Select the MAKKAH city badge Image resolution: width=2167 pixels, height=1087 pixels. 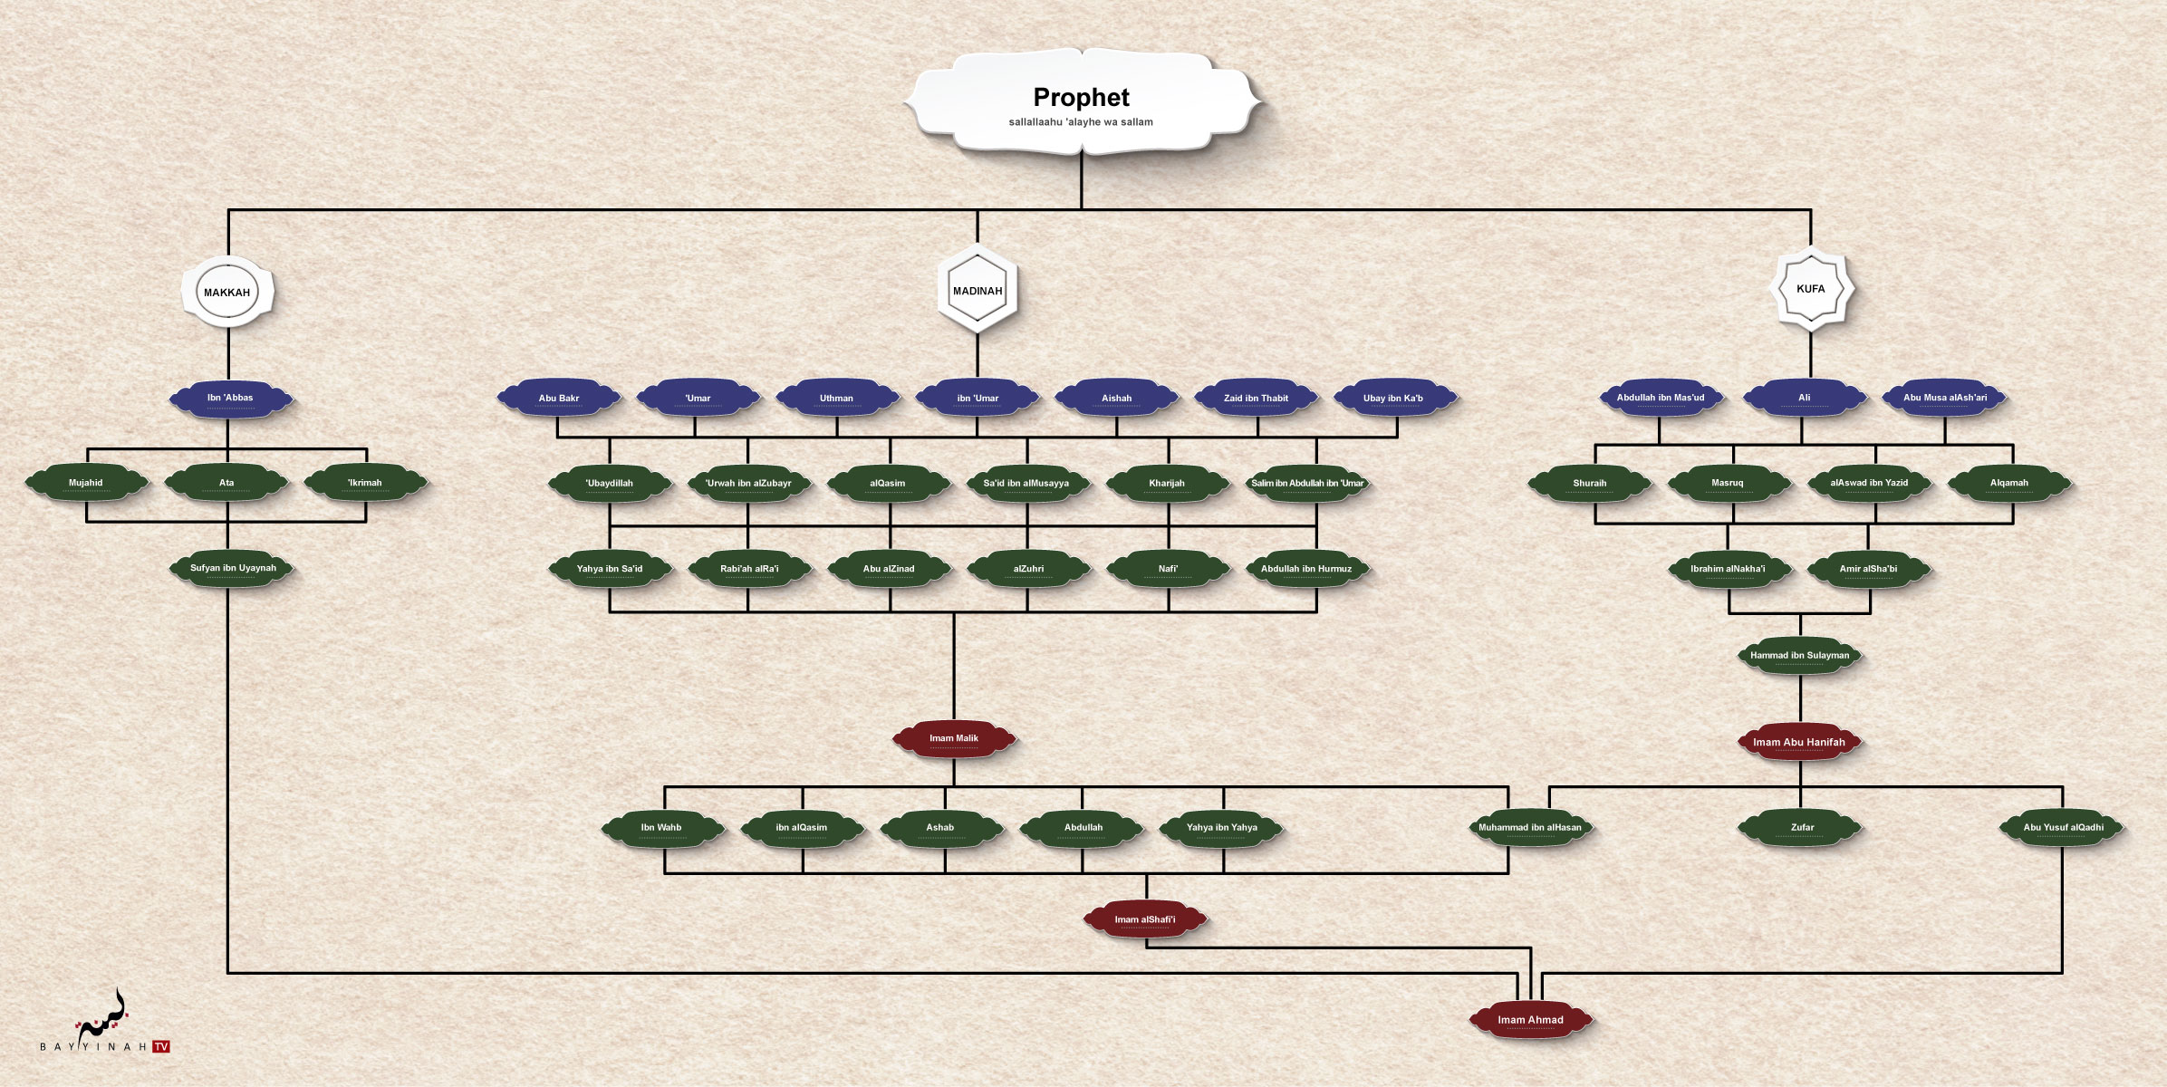tap(227, 292)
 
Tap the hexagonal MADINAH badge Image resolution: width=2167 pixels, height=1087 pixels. tap(978, 291)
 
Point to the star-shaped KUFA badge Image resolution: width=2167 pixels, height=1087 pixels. tap(1810, 289)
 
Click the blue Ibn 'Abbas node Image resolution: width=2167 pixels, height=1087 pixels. tap(230, 398)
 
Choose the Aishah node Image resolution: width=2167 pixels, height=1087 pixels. tap(1116, 398)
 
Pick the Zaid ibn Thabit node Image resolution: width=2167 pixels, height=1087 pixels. tap(1256, 398)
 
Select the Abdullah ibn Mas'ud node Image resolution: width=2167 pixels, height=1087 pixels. tap(1660, 398)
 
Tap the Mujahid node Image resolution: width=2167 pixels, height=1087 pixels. tap(86, 483)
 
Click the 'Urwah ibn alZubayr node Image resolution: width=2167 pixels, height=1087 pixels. tap(748, 483)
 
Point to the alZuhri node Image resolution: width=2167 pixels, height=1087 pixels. tap(1028, 569)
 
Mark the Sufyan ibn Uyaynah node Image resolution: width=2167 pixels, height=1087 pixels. tap(233, 569)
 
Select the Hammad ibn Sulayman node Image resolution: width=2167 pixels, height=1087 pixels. tap(1799, 655)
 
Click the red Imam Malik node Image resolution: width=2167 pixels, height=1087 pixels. tap(954, 738)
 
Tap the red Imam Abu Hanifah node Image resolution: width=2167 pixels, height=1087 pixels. tap(1798, 742)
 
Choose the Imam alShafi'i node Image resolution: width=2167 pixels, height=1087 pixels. tap(1145, 919)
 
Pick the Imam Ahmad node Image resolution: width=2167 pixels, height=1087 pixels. tap(1530, 1020)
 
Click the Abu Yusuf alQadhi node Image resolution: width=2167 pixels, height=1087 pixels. tap(2063, 827)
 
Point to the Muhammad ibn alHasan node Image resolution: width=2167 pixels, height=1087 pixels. tap(1529, 827)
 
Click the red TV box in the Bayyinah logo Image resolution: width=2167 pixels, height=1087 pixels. tap(161, 1046)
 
